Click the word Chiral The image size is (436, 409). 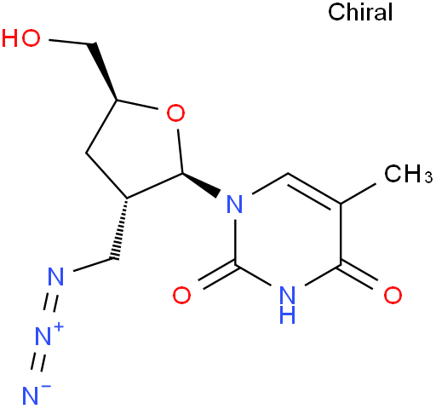click(360, 12)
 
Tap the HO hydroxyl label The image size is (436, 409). click(20, 38)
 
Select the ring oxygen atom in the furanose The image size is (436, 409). click(175, 113)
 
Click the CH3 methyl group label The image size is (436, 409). click(408, 174)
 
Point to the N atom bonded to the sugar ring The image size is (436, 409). click(235, 204)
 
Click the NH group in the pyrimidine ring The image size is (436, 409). click(287, 304)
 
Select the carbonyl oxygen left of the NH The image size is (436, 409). click(181, 295)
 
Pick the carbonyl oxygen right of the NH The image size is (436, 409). click(393, 295)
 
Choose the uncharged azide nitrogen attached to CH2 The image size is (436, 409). click(56, 276)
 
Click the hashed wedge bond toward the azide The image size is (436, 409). click(120, 228)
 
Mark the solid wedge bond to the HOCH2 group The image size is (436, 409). click(104, 72)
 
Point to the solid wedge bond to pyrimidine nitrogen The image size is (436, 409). click(201, 184)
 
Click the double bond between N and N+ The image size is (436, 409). click(50, 303)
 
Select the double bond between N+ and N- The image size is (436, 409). click(38, 362)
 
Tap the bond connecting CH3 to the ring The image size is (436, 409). click(359, 193)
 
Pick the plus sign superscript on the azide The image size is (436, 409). click(59, 327)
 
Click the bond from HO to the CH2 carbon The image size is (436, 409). click(72, 42)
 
